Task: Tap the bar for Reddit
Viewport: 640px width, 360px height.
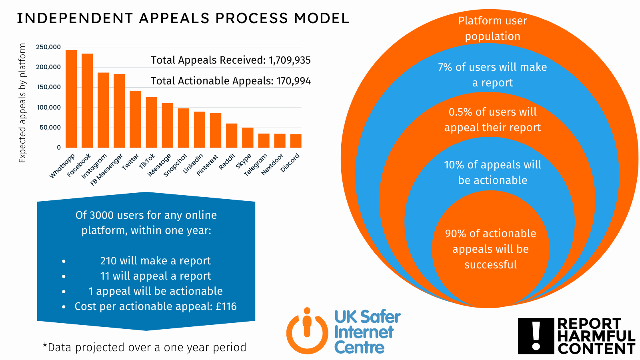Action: pos(232,136)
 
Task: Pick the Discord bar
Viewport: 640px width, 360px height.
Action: pos(296,141)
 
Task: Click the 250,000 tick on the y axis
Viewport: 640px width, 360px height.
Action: pos(48,47)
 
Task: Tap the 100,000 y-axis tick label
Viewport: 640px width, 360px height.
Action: pos(49,108)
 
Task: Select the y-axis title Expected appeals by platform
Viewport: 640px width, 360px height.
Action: pos(22,103)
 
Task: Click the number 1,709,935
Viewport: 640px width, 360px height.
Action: pos(290,60)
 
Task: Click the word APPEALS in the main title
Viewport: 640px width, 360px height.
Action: pos(174,18)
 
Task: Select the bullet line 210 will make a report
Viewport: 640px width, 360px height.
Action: pos(155,261)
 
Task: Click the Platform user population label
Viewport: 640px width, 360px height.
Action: pos(492,28)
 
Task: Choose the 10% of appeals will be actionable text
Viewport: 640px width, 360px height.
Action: pos(492,172)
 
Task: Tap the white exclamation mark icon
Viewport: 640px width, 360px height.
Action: pos(536,336)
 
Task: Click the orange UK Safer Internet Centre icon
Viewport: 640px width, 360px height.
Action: pos(307,331)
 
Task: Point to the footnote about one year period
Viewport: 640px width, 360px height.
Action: pos(144,347)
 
